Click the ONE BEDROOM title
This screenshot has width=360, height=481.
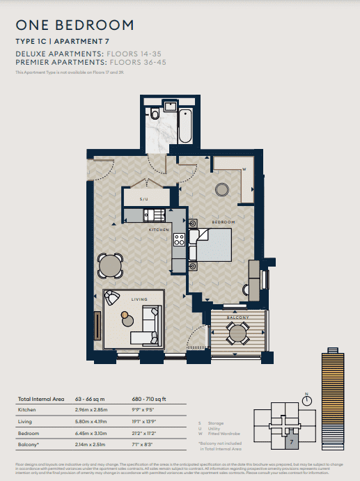click(75, 26)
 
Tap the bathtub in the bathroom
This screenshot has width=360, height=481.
click(187, 125)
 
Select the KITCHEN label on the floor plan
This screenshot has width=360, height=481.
click(159, 228)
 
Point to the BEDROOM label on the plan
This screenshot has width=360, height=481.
click(224, 222)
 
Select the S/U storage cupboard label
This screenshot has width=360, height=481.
click(144, 198)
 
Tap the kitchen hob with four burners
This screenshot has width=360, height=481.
click(179, 240)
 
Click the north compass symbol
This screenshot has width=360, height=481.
click(306, 400)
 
